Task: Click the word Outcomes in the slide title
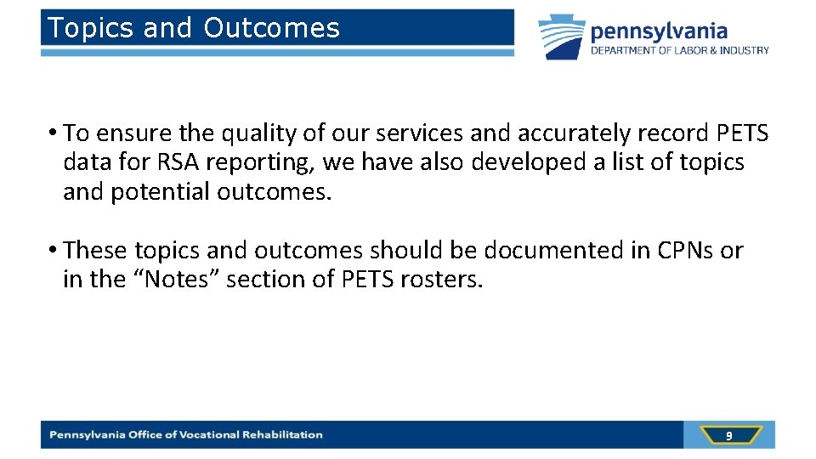[x=271, y=28]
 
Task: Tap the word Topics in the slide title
[x=91, y=28]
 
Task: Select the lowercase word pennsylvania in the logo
[x=659, y=31]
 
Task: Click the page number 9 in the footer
[x=728, y=435]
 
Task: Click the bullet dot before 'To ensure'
[x=53, y=133]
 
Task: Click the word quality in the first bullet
[x=254, y=133]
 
